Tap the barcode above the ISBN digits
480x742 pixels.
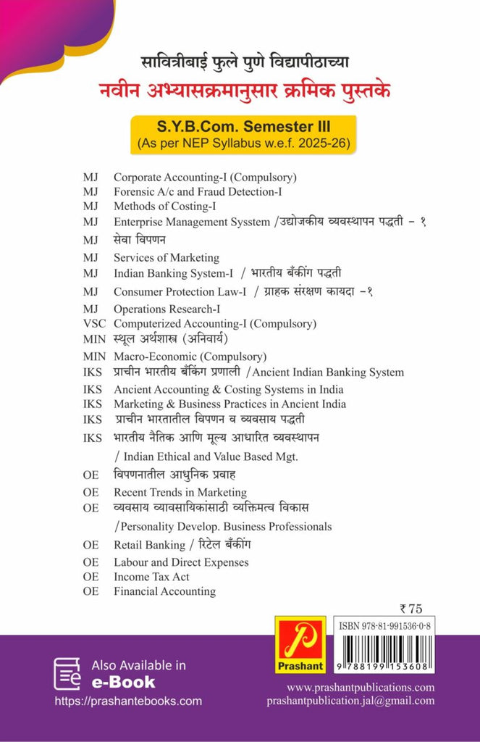(385, 647)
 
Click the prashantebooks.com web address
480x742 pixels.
(128, 701)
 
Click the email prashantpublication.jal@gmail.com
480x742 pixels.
(350, 701)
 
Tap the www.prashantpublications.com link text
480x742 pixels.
(361, 687)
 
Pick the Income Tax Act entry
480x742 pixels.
(151, 577)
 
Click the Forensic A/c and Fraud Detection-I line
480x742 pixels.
(198, 192)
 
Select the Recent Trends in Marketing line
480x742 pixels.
(180, 493)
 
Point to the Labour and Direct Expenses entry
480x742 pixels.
(181, 562)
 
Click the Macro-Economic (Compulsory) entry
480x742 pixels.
(190, 357)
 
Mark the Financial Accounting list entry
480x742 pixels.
(164, 591)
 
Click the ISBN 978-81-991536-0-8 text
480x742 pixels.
(385, 625)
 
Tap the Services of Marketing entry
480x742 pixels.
(166, 257)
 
